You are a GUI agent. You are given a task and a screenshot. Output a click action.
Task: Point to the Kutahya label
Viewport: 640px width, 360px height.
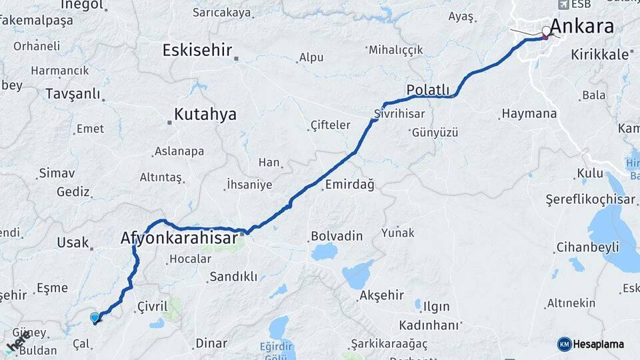click(x=205, y=115)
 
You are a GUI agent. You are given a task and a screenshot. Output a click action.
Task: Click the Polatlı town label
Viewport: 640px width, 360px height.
click(x=427, y=90)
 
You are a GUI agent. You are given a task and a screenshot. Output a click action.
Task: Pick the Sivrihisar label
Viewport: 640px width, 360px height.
click(x=399, y=113)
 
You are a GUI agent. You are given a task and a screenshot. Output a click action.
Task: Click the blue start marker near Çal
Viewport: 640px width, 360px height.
click(x=95, y=318)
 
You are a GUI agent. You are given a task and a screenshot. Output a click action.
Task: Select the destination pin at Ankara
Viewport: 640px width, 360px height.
click(x=546, y=31)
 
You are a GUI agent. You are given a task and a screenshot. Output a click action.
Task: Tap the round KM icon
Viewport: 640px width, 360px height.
click(x=564, y=344)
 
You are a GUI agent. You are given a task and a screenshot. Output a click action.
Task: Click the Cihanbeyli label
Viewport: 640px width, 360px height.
click(x=587, y=248)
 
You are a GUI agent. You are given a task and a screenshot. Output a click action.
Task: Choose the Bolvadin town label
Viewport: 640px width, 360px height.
click(x=337, y=236)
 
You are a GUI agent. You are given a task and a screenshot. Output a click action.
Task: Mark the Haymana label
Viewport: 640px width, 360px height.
click(x=529, y=113)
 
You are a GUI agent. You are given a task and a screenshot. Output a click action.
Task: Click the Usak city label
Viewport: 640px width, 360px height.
click(x=73, y=243)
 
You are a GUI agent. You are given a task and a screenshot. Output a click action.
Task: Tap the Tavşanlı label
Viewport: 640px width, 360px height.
click(x=73, y=94)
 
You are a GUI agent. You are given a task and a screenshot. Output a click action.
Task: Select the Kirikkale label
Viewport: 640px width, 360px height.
click(x=599, y=55)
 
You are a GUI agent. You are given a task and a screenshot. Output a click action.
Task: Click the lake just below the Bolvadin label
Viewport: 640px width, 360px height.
click(x=325, y=252)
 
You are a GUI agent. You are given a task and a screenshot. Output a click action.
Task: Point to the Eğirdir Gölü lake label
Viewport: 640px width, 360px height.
click(x=276, y=351)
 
